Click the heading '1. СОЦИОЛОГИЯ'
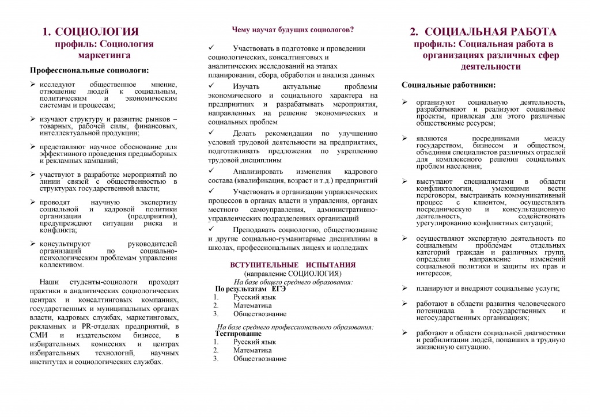[x=91, y=32]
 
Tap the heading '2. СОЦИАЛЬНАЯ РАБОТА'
[x=483, y=32]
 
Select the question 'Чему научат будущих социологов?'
[x=293, y=29]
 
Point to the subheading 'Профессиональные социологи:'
[x=89, y=71]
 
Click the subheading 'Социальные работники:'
[x=448, y=85]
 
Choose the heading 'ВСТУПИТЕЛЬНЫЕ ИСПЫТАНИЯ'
[x=293, y=264]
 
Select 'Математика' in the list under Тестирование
[x=252, y=350]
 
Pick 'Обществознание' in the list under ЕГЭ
[x=260, y=314]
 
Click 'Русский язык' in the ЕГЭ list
[x=255, y=297]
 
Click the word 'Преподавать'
[x=254, y=230]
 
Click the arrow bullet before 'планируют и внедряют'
[x=405, y=289]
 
